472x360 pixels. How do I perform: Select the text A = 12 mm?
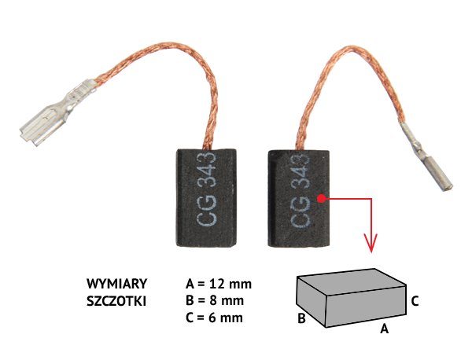[218, 284]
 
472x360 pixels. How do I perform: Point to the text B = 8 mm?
[215, 301]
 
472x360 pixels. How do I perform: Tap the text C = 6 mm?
[215, 318]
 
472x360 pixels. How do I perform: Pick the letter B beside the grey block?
[301, 319]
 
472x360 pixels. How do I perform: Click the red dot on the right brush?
[322, 199]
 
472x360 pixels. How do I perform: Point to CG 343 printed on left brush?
[207, 193]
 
